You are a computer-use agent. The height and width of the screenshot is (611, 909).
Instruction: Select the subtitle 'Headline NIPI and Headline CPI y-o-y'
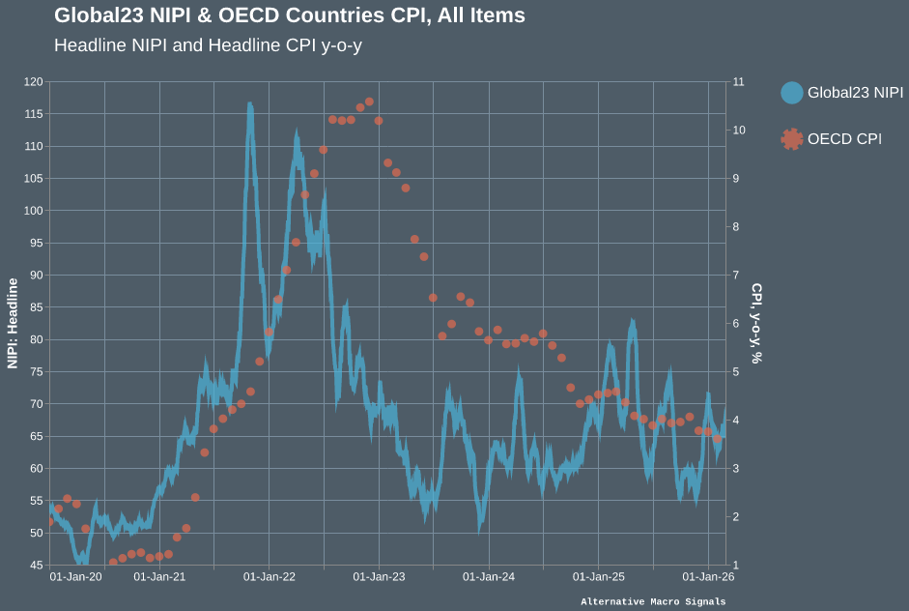click(x=208, y=45)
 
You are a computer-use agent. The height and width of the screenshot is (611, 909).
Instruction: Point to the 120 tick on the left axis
click(x=34, y=82)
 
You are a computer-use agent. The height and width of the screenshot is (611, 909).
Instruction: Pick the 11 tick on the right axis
click(x=739, y=82)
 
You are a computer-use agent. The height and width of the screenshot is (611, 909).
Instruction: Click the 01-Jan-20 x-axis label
click(x=75, y=577)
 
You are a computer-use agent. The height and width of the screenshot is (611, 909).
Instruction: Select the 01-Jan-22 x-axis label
click(x=270, y=577)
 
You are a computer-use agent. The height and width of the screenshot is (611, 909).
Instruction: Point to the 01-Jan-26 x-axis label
click(x=708, y=577)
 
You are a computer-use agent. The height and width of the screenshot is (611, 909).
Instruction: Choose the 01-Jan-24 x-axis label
click(x=489, y=577)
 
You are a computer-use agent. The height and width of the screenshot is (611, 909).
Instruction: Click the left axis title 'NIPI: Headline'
click(x=14, y=323)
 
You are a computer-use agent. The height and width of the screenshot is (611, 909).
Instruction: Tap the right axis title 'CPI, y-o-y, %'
click(x=757, y=323)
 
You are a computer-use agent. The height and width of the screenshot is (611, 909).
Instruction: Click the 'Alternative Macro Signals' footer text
click(x=653, y=602)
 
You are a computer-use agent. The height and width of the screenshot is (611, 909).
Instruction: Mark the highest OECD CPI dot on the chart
click(x=369, y=102)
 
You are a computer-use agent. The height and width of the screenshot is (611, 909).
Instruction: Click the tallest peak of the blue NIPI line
click(x=249, y=104)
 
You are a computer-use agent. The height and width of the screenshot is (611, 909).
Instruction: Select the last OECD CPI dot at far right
click(x=717, y=439)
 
